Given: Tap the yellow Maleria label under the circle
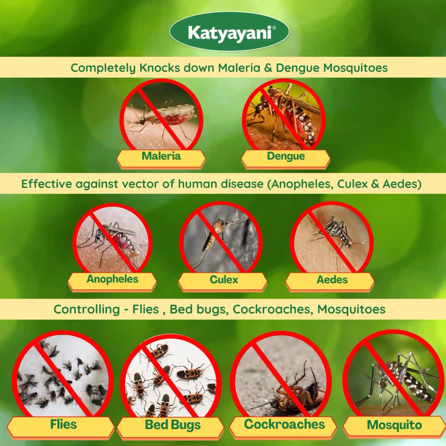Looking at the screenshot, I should pos(161,156).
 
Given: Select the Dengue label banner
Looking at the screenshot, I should pos(286,156).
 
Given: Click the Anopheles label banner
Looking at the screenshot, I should pos(112,279).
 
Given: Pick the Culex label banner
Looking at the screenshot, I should pos(223,280).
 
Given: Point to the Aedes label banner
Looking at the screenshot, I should pos(332,280).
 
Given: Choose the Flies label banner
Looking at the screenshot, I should pos(63,424).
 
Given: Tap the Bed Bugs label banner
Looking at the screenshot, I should pos(172,425).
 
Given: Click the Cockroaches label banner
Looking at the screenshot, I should pos(284,424).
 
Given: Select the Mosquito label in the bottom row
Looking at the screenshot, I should pos(394,425).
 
